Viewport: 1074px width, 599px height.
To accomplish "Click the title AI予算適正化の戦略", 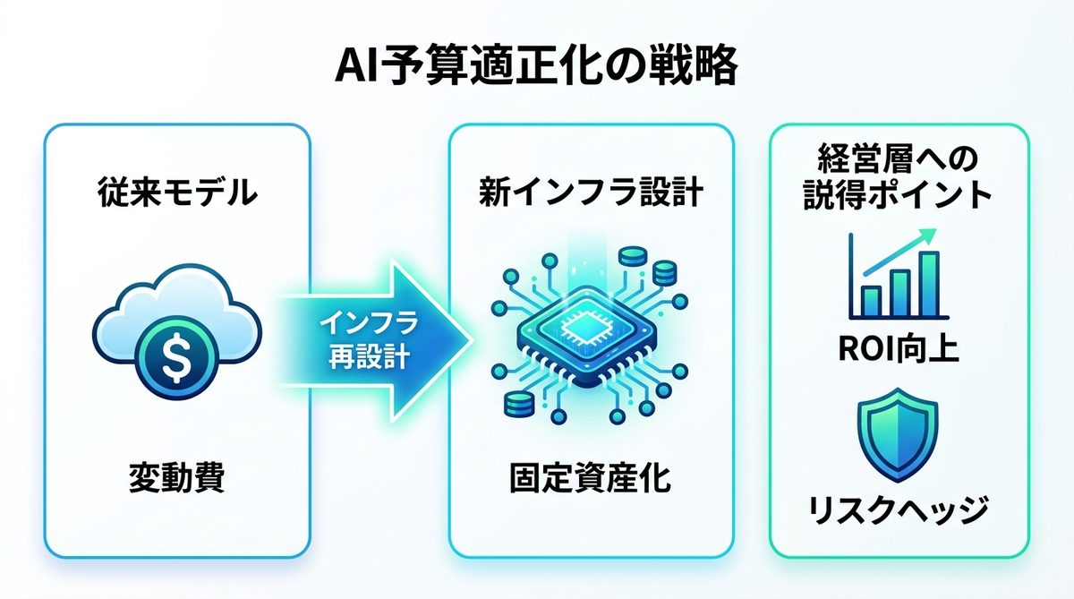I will click(536, 66).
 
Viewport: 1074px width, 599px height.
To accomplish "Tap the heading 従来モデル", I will click(176, 192).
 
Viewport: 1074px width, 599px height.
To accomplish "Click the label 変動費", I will click(176, 479).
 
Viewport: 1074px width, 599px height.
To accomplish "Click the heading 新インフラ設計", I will click(590, 192).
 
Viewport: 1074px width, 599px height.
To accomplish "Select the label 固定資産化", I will click(590, 479).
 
